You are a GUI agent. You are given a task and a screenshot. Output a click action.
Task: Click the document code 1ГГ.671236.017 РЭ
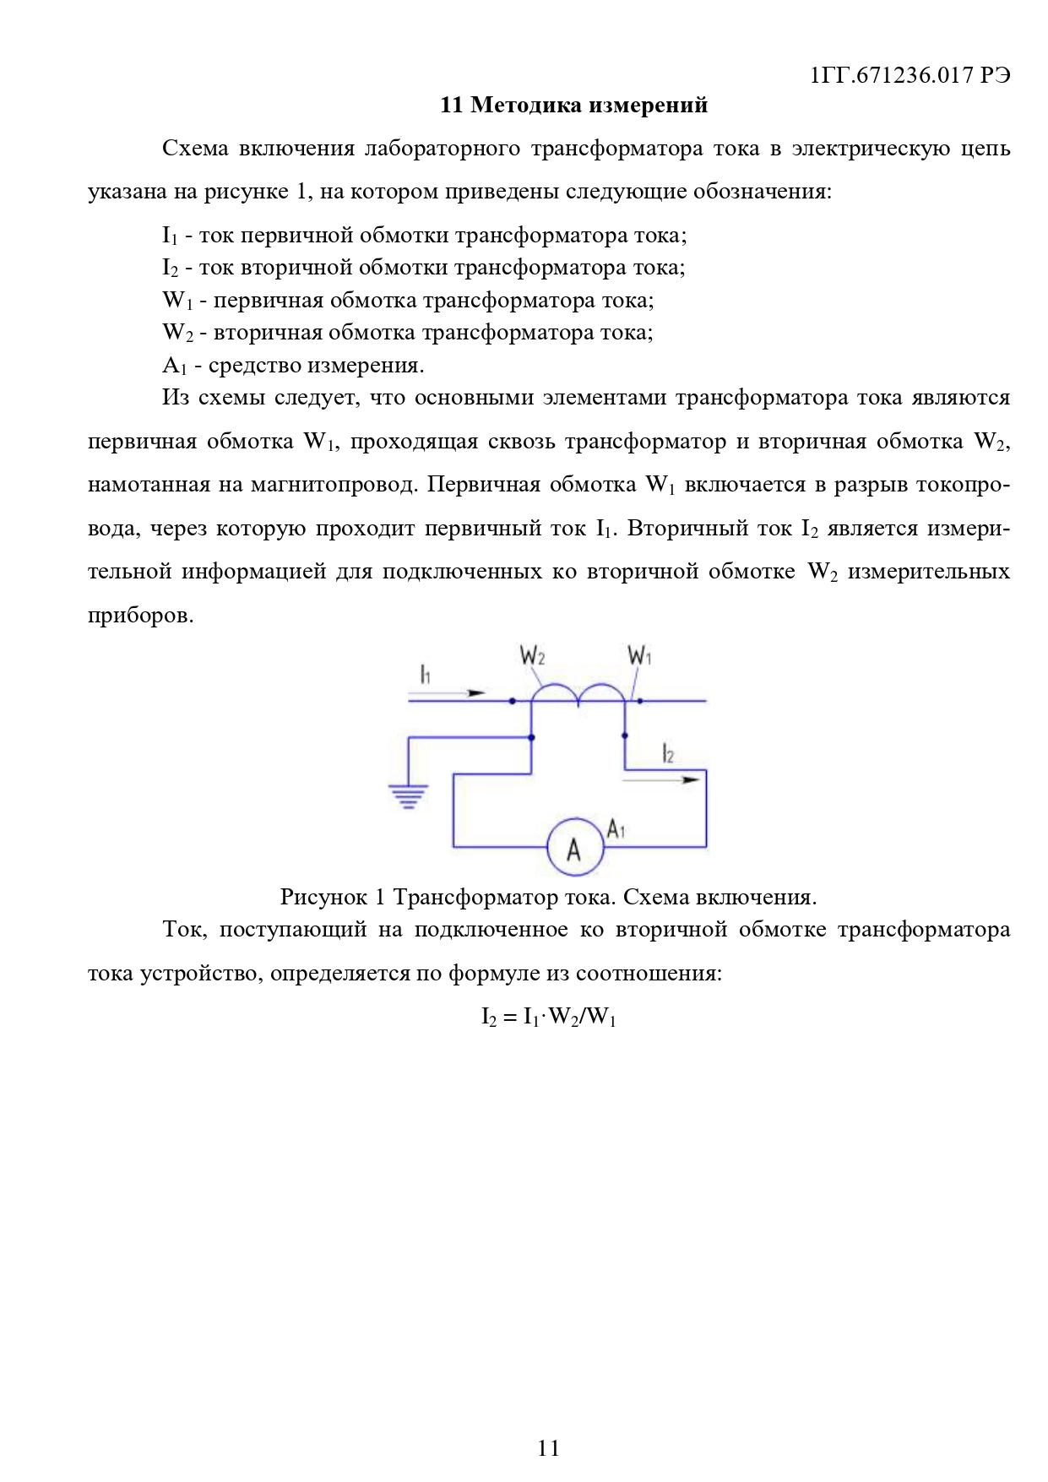point(910,75)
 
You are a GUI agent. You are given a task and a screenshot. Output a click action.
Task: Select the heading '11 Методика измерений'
point(574,106)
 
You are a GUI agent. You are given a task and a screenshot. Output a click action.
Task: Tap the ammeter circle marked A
point(574,847)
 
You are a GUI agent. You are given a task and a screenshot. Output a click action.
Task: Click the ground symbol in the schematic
point(408,796)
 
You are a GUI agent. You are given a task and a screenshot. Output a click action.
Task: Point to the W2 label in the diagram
point(532,655)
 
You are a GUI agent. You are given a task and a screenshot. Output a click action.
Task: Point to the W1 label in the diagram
point(639,655)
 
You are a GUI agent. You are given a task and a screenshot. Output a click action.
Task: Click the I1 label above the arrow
point(426,674)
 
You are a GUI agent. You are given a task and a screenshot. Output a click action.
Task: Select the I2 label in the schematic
point(668,753)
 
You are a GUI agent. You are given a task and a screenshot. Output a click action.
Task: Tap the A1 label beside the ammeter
point(616,828)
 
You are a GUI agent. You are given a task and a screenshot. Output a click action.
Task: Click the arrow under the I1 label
point(448,693)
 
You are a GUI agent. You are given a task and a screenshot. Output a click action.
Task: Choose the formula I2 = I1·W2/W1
point(549,1018)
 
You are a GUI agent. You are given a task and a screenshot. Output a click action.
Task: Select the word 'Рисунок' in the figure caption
point(323,897)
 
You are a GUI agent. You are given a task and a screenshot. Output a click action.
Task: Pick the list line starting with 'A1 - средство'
point(293,366)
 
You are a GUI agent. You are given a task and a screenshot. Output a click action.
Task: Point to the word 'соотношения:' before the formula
point(649,974)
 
